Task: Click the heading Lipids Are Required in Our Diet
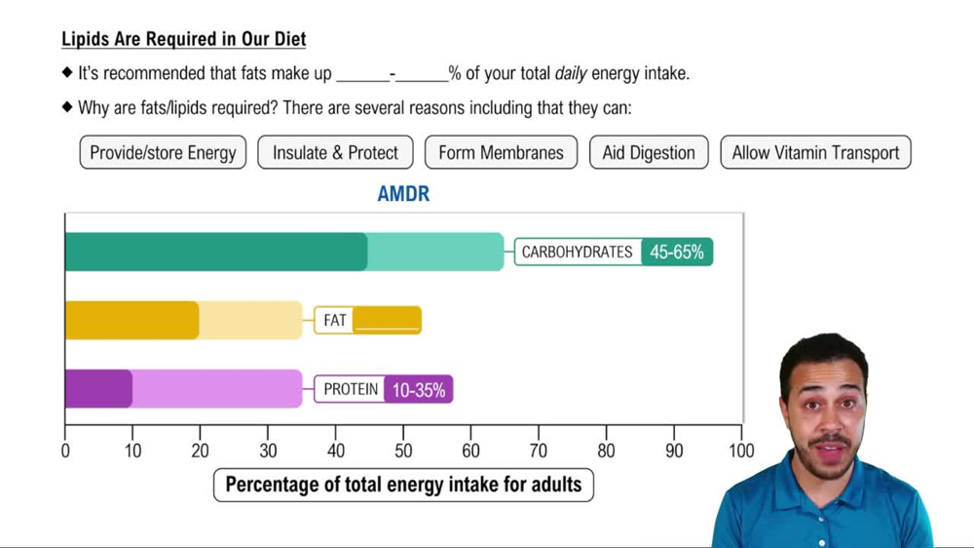click(x=183, y=40)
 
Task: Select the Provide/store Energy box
click(x=163, y=152)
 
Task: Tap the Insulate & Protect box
click(x=335, y=152)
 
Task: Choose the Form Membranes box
click(x=501, y=152)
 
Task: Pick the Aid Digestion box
click(x=649, y=152)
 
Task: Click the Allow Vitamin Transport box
click(x=815, y=152)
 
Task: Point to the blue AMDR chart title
click(x=403, y=194)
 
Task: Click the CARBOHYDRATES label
click(x=577, y=252)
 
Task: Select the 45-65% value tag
click(x=677, y=252)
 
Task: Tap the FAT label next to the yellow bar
click(x=334, y=320)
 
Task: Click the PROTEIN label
click(x=351, y=389)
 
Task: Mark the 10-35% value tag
click(x=418, y=389)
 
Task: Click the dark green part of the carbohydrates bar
click(x=214, y=252)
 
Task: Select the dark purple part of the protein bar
click(x=97, y=389)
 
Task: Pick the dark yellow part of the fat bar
click(x=131, y=320)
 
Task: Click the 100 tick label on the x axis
click(x=741, y=451)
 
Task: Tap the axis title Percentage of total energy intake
click(x=403, y=484)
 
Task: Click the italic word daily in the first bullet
click(x=571, y=73)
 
